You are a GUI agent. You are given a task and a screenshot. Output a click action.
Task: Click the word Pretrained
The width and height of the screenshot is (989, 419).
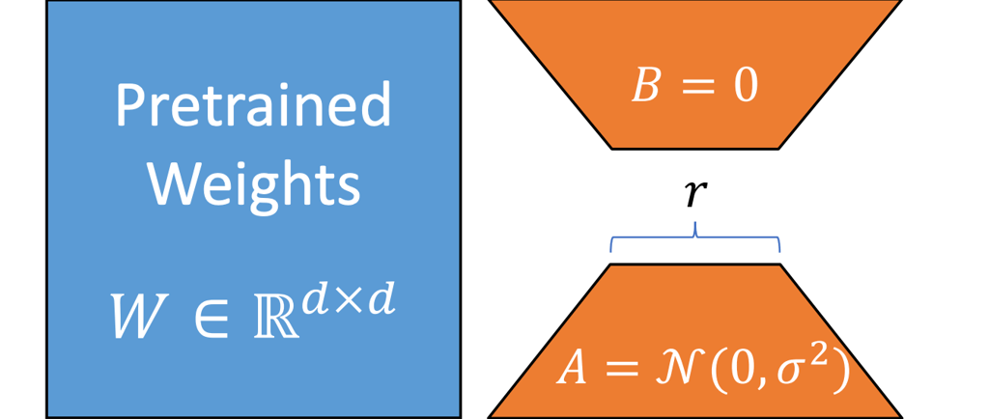point(253,106)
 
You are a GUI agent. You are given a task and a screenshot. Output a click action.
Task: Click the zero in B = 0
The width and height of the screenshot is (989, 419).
point(744,87)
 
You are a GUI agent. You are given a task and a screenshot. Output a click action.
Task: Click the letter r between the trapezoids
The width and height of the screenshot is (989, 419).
point(693,195)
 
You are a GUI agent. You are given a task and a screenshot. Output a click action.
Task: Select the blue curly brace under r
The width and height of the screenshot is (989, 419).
point(694,237)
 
